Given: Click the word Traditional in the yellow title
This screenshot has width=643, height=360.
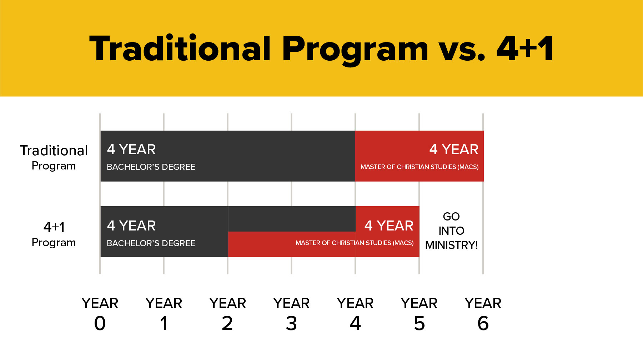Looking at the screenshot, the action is pos(180,49).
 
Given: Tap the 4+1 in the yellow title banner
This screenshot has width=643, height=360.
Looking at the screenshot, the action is pos(525,49).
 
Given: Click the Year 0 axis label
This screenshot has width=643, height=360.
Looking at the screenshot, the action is pos(100,314).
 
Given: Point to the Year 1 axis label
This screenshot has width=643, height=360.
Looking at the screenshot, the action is pos(164,314).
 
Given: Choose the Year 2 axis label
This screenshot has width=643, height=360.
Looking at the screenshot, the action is pos(227,314).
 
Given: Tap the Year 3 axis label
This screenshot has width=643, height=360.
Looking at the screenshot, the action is pos(291,314).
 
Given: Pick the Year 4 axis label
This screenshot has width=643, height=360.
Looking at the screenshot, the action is pos(355,314).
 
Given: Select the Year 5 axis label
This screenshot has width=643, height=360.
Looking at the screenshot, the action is pos(419,314).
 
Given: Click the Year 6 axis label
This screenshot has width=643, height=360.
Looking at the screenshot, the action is pos(483,314).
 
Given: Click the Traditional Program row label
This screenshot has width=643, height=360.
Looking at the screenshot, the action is pos(54,157).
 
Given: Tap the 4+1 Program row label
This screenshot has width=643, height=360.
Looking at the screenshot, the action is pos(54,234).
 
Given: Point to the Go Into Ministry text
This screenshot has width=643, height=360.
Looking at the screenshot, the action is pos(451,231).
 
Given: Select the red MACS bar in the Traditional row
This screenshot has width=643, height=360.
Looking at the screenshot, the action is pos(420,156).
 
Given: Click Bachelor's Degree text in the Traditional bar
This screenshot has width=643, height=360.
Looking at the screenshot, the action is pos(151,167).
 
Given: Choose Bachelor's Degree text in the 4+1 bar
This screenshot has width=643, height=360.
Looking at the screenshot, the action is pos(151,243).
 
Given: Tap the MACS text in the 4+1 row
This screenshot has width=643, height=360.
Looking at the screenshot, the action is pos(355,243).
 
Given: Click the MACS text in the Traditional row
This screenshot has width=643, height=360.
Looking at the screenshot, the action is pos(420,167).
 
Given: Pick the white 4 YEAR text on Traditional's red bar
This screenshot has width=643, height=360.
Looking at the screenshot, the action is pos(454,149).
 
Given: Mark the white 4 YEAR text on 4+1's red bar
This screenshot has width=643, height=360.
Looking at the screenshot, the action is pos(389,226).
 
